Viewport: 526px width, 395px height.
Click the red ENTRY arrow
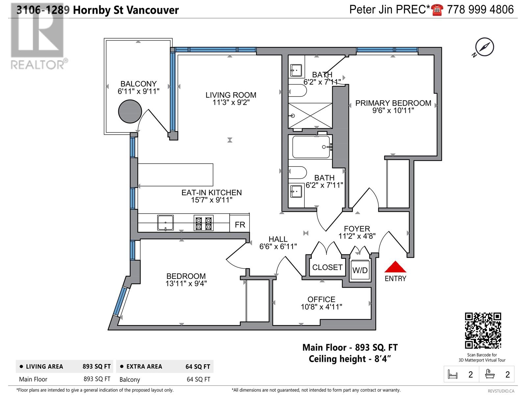coord(395,267)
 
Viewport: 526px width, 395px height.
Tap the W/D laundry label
coord(360,271)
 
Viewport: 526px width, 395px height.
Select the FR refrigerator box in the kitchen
coord(240,224)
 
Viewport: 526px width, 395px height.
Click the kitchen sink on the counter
coord(165,223)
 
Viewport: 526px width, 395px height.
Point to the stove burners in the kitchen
coord(203,223)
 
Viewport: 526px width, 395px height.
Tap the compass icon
coord(485,47)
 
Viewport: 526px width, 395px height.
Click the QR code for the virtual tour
coord(483,330)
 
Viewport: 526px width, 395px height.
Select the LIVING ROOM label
coord(231,95)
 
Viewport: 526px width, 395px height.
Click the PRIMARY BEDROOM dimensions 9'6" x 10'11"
coord(393,111)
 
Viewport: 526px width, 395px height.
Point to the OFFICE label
coord(321,299)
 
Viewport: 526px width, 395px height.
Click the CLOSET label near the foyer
coord(327,267)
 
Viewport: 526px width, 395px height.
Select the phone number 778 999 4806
coord(480,10)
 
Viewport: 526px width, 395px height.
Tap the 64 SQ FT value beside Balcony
coord(198,379)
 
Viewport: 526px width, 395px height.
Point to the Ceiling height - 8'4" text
coord(350,358)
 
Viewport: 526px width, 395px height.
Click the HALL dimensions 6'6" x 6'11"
coord(278,246)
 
